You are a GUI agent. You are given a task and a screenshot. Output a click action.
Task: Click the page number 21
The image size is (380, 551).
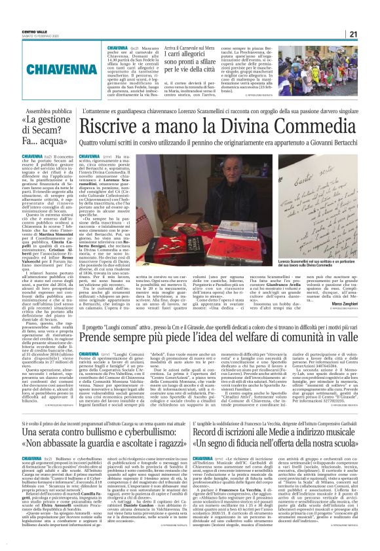pyautogui.click(x=371, y=35)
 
